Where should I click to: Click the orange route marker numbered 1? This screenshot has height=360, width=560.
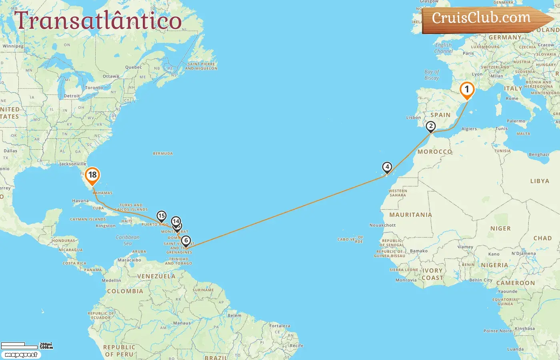(x=466, y=90)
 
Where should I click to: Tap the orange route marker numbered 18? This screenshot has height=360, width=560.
(x=92, y=175)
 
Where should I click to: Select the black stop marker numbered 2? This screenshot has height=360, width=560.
(x=430, y=126)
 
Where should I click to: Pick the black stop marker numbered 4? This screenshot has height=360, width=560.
(x=387, y=167)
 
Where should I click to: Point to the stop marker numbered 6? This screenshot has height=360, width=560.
(x=186, y=241)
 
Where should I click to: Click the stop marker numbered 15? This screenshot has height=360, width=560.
(x=161, y=216)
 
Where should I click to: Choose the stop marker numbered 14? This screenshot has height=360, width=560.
(x=176, y=221)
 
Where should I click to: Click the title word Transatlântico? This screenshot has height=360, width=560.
(x=98, y=21)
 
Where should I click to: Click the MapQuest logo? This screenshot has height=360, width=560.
(x=21, y=355)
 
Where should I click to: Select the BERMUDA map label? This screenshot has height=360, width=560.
(x=163, y=154)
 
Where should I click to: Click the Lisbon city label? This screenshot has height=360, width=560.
(x=413, y=118)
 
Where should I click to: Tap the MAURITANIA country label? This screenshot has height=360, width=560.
(x=410, y=215)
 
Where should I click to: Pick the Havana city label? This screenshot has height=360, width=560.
(x=80, y=201)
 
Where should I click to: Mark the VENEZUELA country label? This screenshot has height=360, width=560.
(x=156, y=276)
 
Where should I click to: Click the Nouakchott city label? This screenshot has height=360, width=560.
(x=382, y=225)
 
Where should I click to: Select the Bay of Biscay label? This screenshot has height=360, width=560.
(x=432, y=75)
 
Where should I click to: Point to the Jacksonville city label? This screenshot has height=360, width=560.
(x=72, y=164)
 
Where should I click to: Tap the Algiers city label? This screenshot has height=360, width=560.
(x=469, y=129)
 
